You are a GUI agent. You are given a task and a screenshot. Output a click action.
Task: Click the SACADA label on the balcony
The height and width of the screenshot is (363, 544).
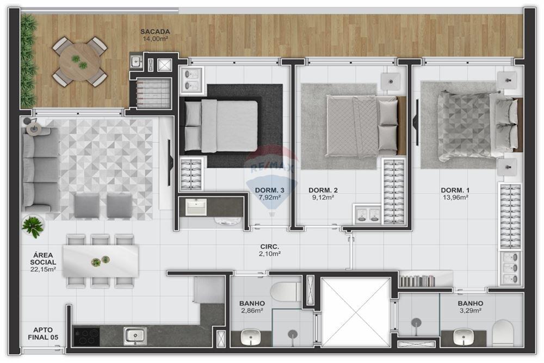(156, 32)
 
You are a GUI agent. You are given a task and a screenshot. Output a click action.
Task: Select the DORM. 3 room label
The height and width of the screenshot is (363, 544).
(269, 190)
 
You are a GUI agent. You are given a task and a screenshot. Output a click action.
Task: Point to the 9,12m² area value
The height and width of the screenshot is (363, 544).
(323, 198)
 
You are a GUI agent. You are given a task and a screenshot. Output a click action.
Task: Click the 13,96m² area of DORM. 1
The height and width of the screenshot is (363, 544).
(455, 198)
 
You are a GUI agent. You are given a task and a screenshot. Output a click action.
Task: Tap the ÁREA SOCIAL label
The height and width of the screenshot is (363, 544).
(43, 259)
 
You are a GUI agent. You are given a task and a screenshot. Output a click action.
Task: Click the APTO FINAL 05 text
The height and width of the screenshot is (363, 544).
(43, 334)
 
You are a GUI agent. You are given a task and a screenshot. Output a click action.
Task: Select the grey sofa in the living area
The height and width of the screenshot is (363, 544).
(40, 169)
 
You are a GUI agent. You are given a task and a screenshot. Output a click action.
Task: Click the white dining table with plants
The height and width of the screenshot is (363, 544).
(100, 261)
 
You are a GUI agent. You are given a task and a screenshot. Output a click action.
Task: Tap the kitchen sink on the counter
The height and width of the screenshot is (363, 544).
(134, 335)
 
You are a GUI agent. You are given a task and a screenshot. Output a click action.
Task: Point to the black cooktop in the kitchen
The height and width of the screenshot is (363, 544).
(86, 336)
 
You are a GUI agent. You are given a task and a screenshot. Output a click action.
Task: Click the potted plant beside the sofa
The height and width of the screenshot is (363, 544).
(33, 225)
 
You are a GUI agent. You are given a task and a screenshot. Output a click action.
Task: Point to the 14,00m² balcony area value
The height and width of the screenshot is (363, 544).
(155, 39)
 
